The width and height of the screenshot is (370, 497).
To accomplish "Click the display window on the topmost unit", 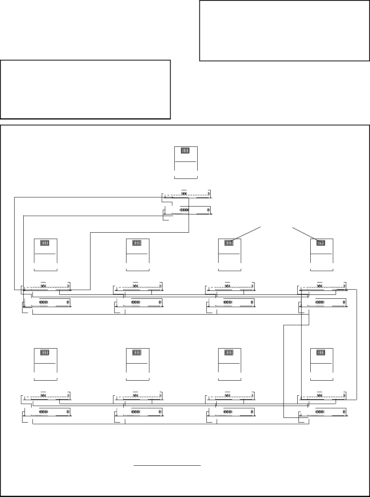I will pos(185,151).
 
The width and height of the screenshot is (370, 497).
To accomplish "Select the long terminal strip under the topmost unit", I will pos(187,195).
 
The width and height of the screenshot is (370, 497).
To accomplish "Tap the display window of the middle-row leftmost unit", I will pos(45,243).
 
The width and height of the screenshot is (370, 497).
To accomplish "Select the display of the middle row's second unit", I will pos(137,243).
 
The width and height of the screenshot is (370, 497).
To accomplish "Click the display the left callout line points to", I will pos(229,243).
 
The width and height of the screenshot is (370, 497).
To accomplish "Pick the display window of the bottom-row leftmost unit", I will pos(45,353).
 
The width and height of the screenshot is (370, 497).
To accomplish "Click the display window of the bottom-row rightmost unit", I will pos(321,353).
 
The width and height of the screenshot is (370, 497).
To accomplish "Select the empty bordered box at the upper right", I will pos(284,30).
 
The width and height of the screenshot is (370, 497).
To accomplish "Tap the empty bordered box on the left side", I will pos(85,89).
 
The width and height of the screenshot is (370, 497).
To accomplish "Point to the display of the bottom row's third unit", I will pos(229,353).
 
